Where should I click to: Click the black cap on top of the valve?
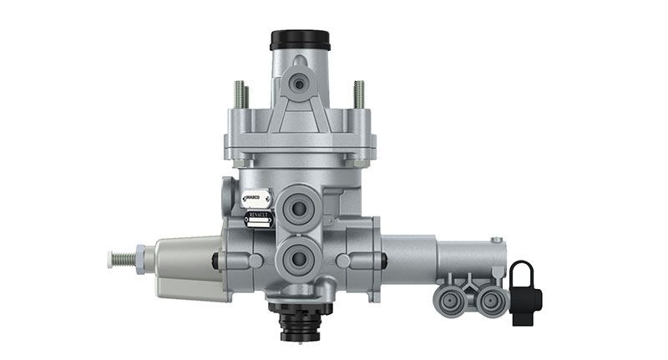point(300,39)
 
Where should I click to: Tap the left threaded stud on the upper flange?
point(240,94)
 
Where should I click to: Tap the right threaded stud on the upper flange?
point(359,94)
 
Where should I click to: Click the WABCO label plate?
point(255,200)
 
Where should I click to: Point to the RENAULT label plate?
point(257,220)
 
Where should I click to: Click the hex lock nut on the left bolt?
point(140,258)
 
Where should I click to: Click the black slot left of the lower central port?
point(215,261)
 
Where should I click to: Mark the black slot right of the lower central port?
point(377,261)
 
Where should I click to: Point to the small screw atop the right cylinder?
point(498,240)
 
